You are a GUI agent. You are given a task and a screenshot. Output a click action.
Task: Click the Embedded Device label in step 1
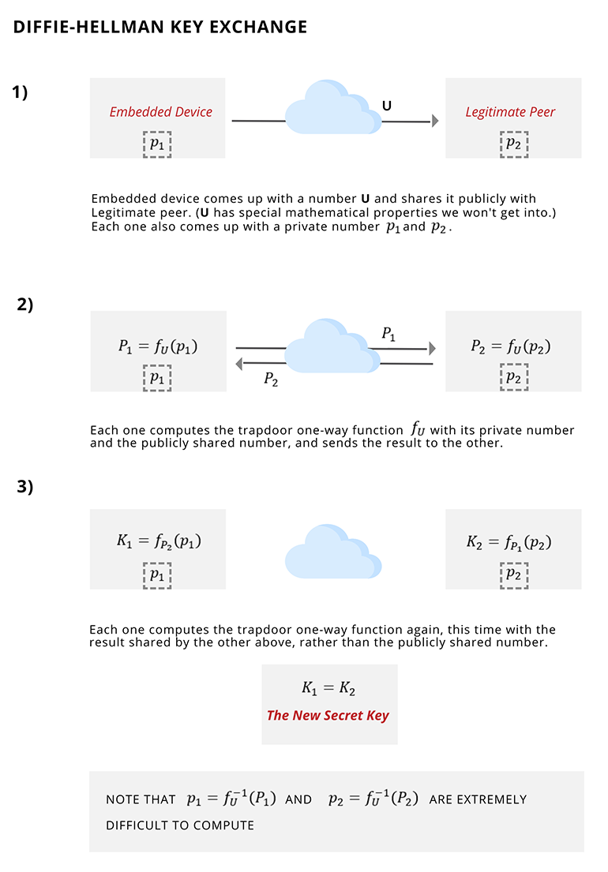pyautogui.click(x=161, y=112)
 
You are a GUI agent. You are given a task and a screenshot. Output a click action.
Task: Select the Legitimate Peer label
pyautogui.click(x=510, y=112)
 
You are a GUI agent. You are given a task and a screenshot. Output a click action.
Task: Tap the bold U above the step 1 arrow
pyautogui.click(x=387, y=104)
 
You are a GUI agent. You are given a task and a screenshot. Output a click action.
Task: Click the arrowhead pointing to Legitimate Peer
pyautogui.click(x=434, y=122)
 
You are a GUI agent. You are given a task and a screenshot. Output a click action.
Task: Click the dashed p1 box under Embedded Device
pyautogui.click(x=157, y=144)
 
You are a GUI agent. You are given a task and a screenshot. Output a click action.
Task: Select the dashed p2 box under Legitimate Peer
pyautogui.click(x=514, y=144)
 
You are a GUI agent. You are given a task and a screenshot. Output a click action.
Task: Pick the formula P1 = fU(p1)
pyautogui.click(x=158, y=347)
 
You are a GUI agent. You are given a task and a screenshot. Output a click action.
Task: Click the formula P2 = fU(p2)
pyautogui.click(x=511, y=347)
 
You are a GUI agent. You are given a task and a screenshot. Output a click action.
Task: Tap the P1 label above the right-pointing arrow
pyautogui.click(x=389, y=335)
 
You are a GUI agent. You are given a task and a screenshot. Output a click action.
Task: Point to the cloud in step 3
pyautogui.click(x=332, y=552)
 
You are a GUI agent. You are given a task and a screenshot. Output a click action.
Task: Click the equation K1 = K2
pyautogui.click(x=328, y=688)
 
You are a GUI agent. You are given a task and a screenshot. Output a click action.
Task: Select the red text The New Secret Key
pyautogui.click(x=328, y=716)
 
